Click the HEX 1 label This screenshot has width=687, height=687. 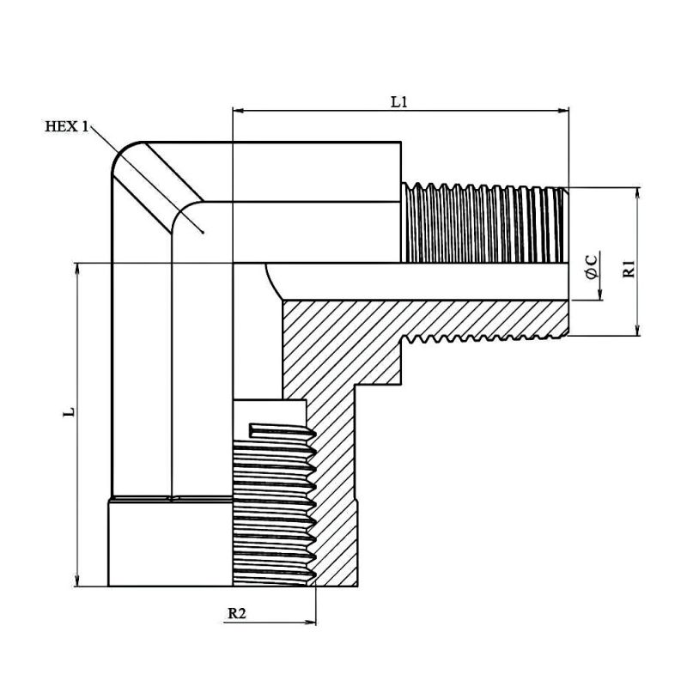coord(67,126)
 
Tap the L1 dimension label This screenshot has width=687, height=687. coord(399,102)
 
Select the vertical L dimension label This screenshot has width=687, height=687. coord(69,412)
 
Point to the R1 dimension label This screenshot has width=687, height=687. coord(629,268)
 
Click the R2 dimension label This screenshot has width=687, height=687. coord(237,613)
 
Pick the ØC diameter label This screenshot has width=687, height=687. coord(592,266)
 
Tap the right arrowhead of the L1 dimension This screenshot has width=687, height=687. coord(562,111)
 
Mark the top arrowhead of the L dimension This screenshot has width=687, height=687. coord(77,269)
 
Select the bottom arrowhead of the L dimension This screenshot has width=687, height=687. coord(77,580)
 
